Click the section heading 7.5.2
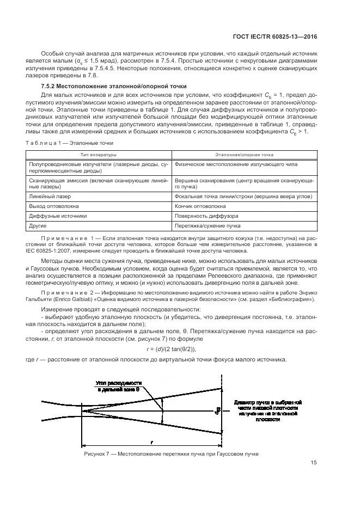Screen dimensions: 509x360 pyautogui.click(x=114, y=87)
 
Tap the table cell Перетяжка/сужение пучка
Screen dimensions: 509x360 pyautogui.click(x=209, y=225)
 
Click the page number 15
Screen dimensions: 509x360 pyautogui.click(x=314, y=463)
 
